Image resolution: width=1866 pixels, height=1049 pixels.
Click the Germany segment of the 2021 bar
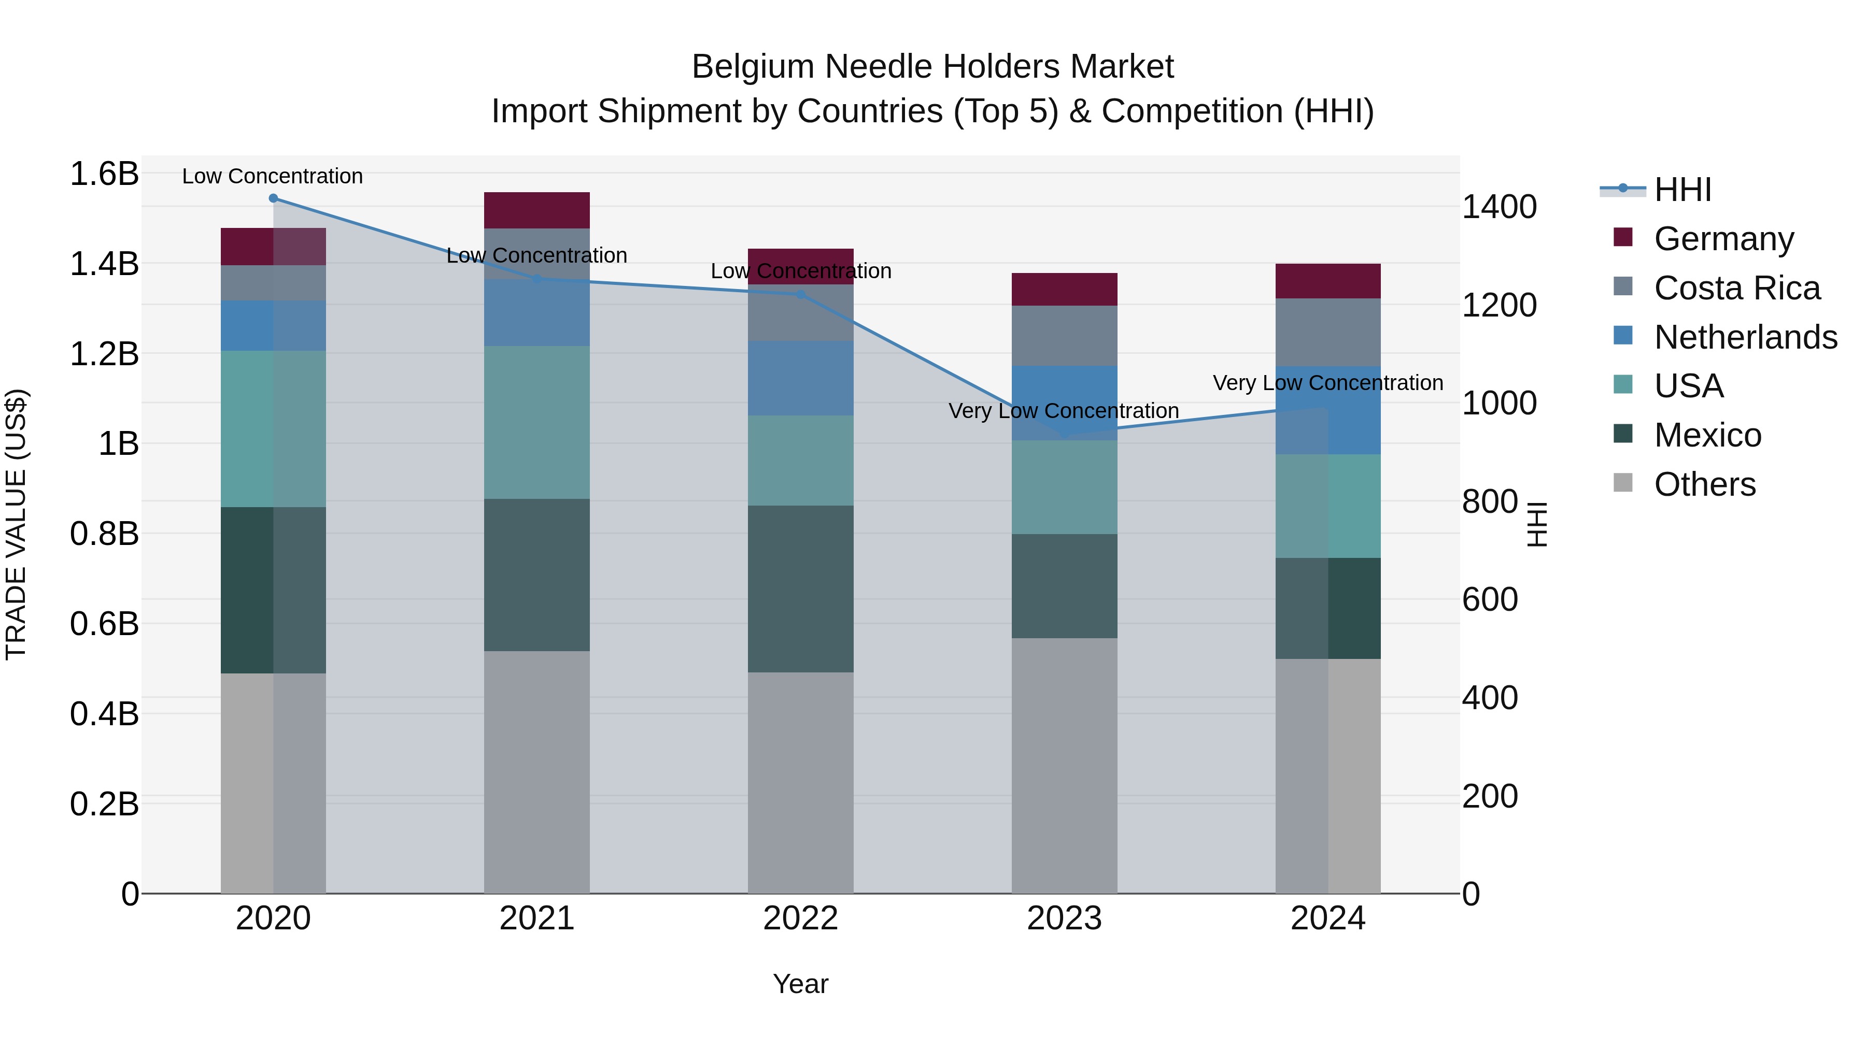(x=537, y=210)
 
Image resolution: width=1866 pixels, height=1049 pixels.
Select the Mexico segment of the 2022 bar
(x=800, y=588)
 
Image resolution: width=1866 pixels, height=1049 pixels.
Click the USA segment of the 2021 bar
(x=537, y=422)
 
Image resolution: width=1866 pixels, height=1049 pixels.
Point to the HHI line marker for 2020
(x=273, y=198)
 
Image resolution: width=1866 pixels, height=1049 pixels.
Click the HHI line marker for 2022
(x=800, y=295)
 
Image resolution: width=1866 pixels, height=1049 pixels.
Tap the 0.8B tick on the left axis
(x=104, y=534)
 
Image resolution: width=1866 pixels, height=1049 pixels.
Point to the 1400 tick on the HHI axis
(x=1499, y=207)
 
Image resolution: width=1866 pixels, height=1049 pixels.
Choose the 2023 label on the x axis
(x=1064, y=918)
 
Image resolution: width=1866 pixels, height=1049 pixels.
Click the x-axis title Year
(x=800, y=984)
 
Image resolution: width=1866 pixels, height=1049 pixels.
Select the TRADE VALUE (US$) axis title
(x=16, y=524)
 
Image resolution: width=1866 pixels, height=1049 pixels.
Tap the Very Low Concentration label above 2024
(x=1328, y=382)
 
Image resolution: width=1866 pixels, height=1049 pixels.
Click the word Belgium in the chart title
(x=753, y=67)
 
